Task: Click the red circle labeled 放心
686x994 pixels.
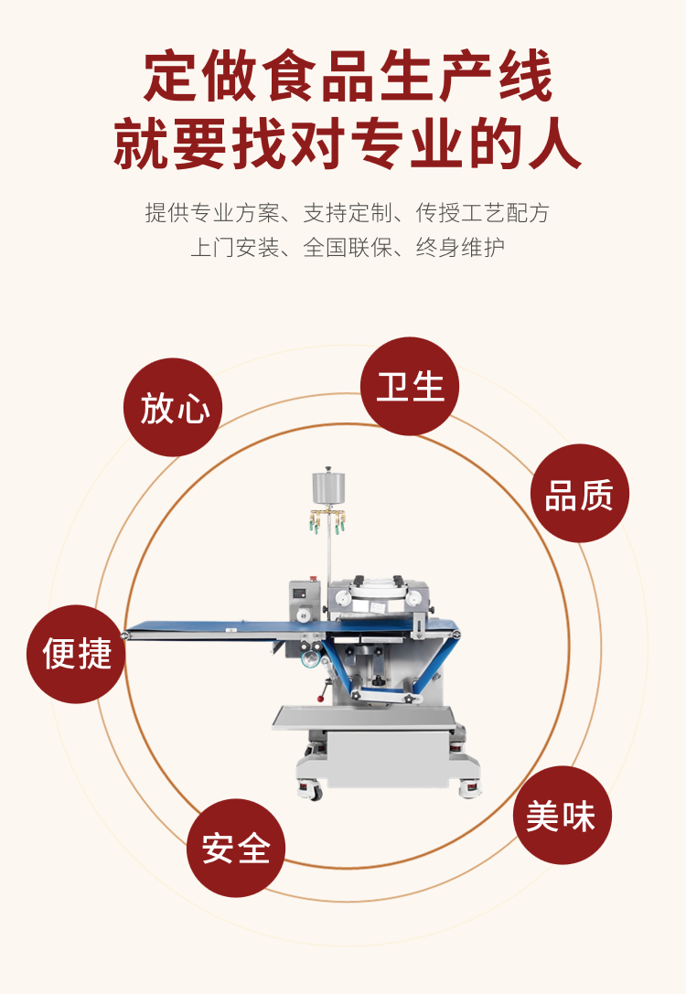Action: (173, 407)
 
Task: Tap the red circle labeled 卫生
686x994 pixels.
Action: (410, 386)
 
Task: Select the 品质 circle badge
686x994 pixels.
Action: (580, 493)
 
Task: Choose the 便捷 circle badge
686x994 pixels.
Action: (76, 654)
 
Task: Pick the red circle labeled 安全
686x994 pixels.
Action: (236, 848)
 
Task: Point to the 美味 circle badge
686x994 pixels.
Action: (563, 815)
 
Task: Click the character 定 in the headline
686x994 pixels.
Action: (171, 77)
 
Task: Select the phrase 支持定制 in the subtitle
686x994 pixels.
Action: (348, 213)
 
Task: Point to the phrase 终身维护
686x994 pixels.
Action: (460, 247)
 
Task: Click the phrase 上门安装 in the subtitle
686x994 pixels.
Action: (234, 247)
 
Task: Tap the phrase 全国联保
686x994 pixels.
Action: (348, 247)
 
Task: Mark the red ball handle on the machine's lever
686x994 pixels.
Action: (321, 699)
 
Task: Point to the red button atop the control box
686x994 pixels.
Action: (312, 579)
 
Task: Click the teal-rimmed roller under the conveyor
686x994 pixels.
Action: (309, 660)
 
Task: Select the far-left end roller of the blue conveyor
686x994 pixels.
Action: (125, 635)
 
